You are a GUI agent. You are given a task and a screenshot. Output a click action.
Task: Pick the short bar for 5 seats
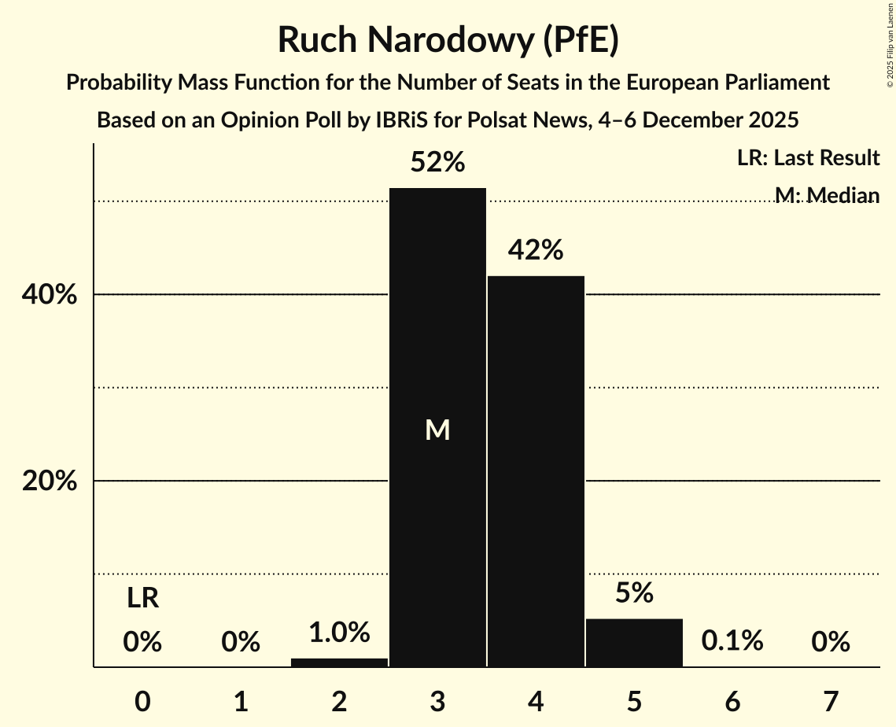634,643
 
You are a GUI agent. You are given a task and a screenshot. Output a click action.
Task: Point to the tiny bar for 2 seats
339,662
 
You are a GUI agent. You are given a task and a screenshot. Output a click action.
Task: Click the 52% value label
437,163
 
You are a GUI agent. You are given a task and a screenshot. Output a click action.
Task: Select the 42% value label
536,250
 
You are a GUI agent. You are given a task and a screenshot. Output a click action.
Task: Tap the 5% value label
634,593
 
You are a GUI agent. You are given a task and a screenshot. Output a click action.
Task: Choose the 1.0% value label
339,632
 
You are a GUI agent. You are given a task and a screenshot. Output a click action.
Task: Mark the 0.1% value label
732,641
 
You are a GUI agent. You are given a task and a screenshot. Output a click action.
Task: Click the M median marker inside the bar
437,430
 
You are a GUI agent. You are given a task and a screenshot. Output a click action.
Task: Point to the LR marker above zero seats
143,600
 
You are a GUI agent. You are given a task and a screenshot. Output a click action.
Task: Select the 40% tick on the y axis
49,295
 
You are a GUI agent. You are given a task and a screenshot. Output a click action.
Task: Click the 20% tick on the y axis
49,481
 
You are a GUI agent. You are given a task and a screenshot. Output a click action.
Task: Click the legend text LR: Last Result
808,158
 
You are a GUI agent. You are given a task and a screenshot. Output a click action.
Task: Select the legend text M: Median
827,194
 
